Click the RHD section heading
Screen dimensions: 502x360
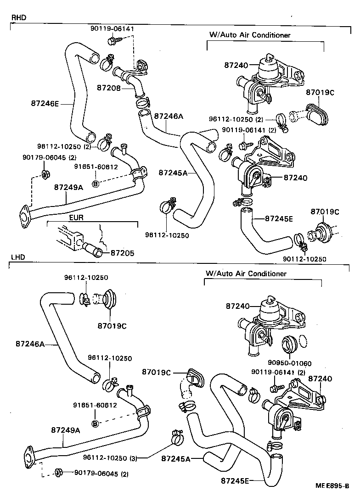[18, 18]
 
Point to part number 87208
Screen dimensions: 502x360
[108, 87]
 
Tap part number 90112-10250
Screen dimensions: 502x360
[304, 259]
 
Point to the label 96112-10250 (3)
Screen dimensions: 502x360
[110, 457]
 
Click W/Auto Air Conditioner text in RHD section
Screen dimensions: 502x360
[250, 34]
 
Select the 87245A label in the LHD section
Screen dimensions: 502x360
[175, 458]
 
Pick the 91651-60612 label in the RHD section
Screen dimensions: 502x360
[96, 167]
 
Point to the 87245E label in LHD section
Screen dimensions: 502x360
[235, 480]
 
